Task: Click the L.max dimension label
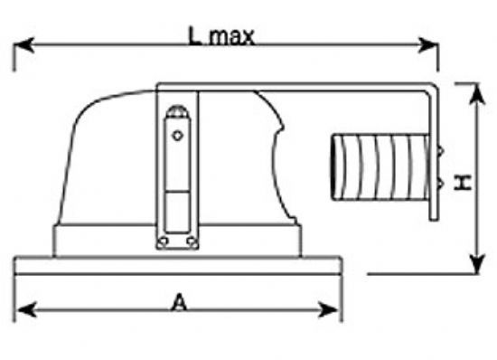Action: pyautogui.click(x=221, y=36)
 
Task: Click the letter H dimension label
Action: pyautogui.click(x=463, y=183)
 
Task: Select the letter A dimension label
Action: pyautogui.click(x=179, y=302)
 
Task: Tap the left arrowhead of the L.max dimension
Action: pyautogui.click(x=23, y=44)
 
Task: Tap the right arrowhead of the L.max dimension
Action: pyautogui.click(x=428, y=45)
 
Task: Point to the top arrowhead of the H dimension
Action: pyautogui.click(x=477, y=94)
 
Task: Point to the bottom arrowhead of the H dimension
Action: pyautogui.click(x=477, y=263)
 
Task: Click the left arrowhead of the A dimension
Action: pyautogui.click(x=26, y=309)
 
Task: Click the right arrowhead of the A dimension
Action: pyautogui.click(x=328, y=309)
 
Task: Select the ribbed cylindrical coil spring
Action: pyautogui.click(x=380, y=167)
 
